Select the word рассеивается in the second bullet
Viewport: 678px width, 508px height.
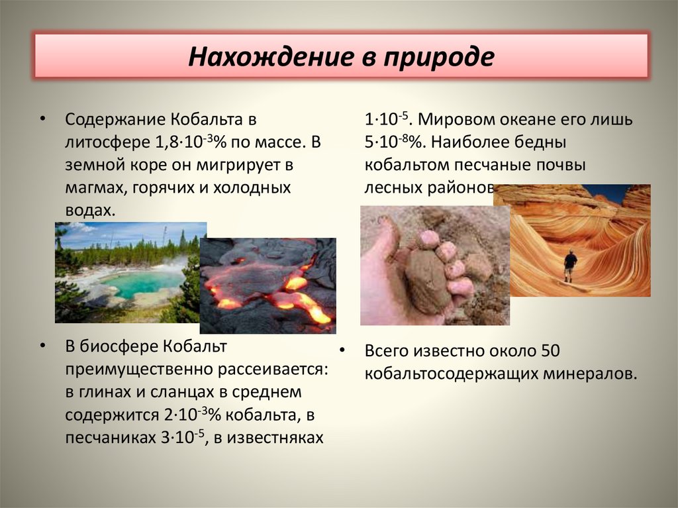pyautogui.click(x=262, y=369)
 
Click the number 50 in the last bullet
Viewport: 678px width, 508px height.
pyautogui.click(x=551, y=352)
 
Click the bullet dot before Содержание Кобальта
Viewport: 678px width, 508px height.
pyautogui.click(x=42, y=120)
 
